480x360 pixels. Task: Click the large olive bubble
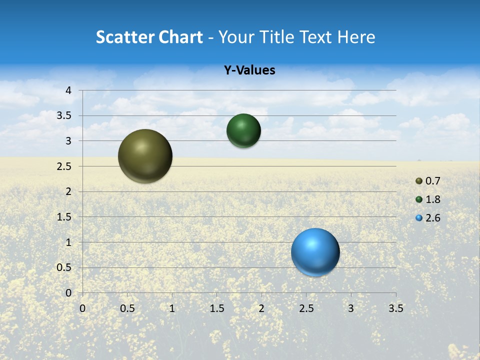(x=145, y=156)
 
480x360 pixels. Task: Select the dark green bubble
(x=243, y=130)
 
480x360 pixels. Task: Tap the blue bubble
(x=315, y=252)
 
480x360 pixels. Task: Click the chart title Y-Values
(x=249, y=70)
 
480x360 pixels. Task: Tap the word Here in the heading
(x=356, y=37)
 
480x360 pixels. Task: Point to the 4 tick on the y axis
(x=68, y=90)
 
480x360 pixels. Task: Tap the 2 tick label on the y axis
(x=68, y=191)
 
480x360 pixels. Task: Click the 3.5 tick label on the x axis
(x=395, y=308)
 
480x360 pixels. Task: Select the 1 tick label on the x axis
(x=172, y=308)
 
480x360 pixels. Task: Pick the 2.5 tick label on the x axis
(x=306, y=308)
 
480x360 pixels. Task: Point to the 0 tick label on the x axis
(x=82, y=308)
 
